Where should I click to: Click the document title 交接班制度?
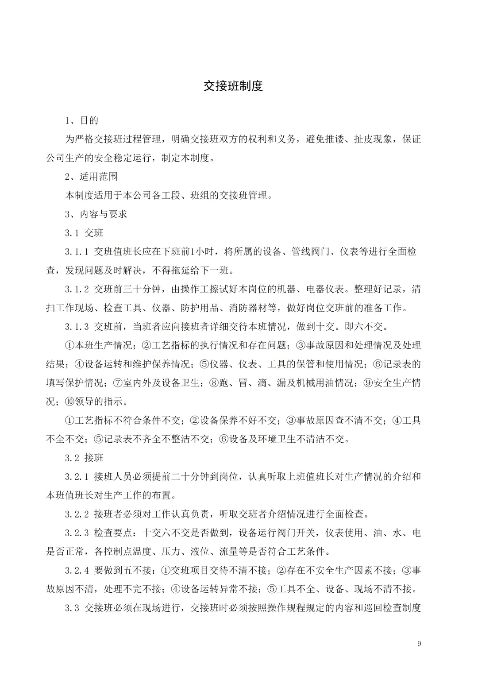(x=233, y=85)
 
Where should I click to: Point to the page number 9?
(x=419, y=643)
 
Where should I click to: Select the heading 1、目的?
(x=82, y=120)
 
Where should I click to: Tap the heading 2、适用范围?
(x=92, y=177)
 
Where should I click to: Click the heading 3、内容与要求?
(x=96, y=214)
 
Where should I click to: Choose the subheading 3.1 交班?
(x=84, y=233)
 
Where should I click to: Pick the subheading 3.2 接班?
(x=84, y=458)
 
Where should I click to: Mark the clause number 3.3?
(x=72, y=608)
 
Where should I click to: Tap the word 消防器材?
(x=248, y=308)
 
